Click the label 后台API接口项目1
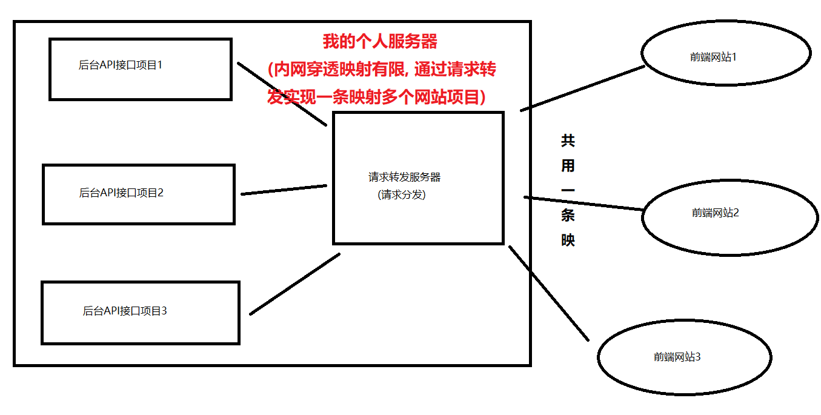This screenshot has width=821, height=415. coord(121,65)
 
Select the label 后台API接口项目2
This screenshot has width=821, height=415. coord(121,193)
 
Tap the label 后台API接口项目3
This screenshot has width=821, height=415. coord(125,311)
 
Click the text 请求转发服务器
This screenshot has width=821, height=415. coord(404,177)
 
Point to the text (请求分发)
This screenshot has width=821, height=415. coord(401,194)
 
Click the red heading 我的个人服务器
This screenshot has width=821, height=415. coord(380,42)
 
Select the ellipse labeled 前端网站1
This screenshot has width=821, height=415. coord(726,58)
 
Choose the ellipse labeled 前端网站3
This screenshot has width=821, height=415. coord(684,357)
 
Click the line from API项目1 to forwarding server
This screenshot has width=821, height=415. coord(282,94)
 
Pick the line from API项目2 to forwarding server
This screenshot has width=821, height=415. coord(284,190)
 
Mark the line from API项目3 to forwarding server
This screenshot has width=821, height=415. coord(294,284)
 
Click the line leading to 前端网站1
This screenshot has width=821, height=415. coord(582,88)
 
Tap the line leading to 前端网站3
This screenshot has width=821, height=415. coord(548,293)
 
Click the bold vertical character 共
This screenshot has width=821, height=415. coord(568,141)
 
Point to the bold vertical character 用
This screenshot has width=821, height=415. coord(568,166)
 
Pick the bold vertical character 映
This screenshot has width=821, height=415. coord(568,240)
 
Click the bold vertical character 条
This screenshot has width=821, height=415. coord(568,215)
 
